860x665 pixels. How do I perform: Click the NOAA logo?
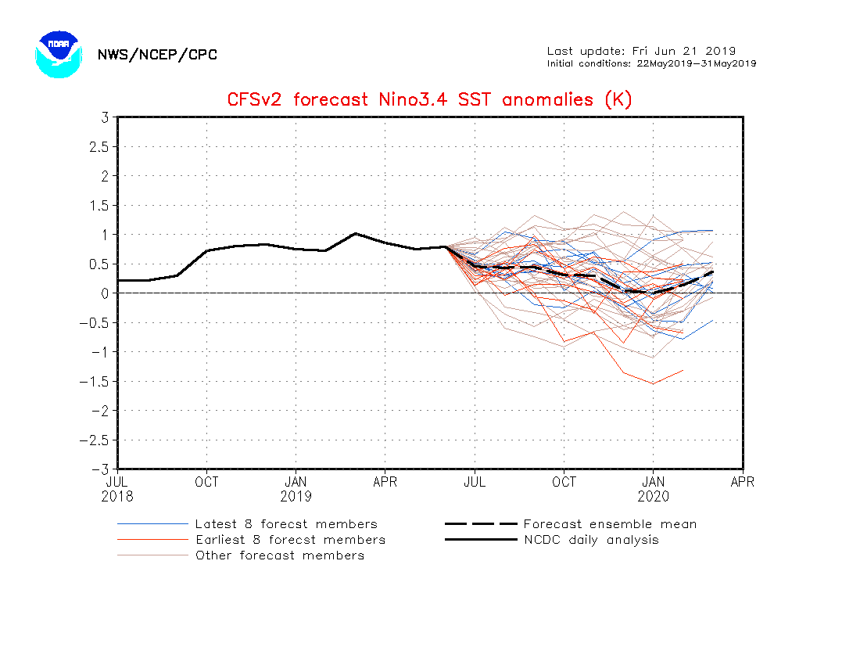(x=58, y=54)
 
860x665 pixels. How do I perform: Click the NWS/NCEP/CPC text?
(x=157, y=55)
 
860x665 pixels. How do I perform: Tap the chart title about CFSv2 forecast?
(x=429, y=100)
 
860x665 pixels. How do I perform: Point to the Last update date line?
(x=641, y=51)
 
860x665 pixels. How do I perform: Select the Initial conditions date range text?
(x=651, y=63)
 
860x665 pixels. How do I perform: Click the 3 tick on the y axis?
(x=103, y=117)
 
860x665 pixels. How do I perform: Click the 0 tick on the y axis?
(x=103, y=293)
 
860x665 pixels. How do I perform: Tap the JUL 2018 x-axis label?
(x=117, y=489)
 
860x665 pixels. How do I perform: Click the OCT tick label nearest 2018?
(x=206, y=482)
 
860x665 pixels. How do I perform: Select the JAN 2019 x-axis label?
(x=296, y=489)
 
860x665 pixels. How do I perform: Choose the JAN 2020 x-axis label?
(x=654, y=489)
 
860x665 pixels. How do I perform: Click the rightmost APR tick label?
(x=742, y=482)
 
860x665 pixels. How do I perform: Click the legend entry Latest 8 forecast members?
(x=286, y=524)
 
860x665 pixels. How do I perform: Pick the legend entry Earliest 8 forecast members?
(x=290, y=540)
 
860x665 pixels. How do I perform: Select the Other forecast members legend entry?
(x=280, y=555)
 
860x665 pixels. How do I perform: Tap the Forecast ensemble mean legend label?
(x=610, y=524)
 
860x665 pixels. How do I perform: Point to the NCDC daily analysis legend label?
(x=591, y=540)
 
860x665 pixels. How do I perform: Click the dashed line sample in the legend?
(x=481, y=524)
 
